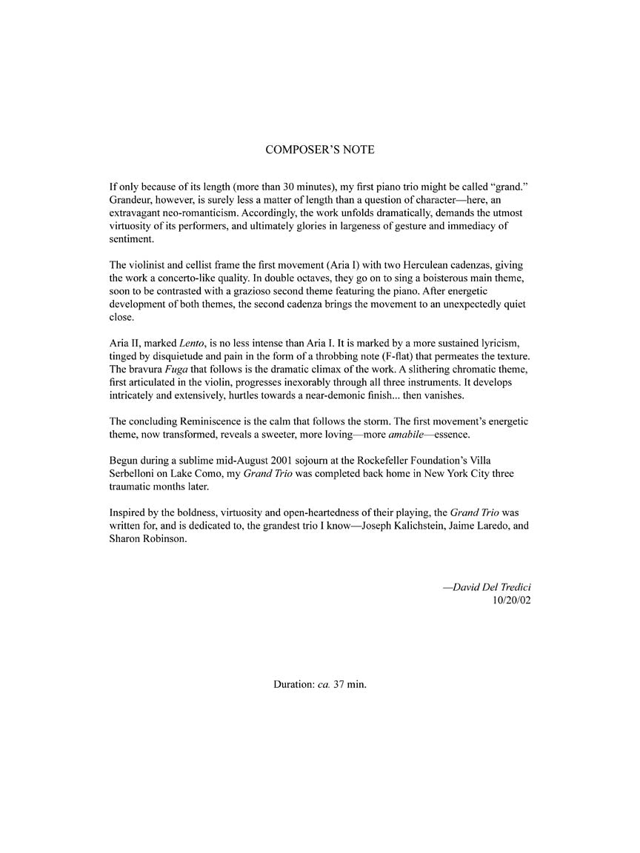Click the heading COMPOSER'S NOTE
coord(320,150)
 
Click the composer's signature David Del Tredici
coord(487,587)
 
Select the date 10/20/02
coord(512,601)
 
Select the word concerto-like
coord(192,278)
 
